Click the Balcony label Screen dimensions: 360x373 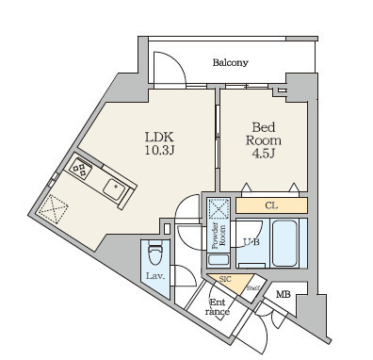(230, 63)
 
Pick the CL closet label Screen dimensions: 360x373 (270, 205)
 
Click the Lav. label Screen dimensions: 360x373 (157, 276)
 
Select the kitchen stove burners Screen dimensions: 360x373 (79, 170)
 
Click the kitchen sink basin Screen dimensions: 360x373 (115, 188)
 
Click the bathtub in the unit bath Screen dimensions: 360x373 (284, 243)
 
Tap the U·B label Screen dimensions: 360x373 (251, 242)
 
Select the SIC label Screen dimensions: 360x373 (225, 280)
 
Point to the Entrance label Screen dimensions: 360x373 (218, 306)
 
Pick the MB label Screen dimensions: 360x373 (283, 297)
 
